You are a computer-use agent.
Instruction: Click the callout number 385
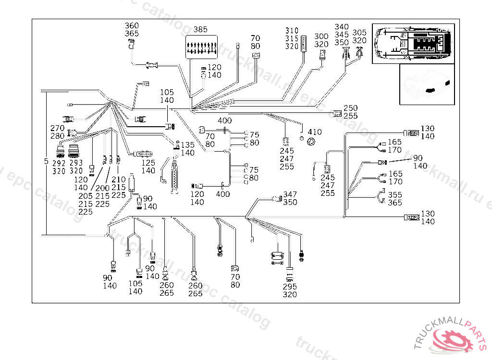coord(200,29)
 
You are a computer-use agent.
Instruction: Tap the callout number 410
coord(315,132)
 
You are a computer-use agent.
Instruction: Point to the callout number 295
coord(290,287)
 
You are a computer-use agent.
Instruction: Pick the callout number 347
coord(290,194)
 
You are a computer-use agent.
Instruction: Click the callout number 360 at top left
coord(132,26)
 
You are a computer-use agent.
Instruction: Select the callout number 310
coord(292,31)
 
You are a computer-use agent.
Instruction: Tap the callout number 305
coord(359,33)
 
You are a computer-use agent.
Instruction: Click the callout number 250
coord(351,108)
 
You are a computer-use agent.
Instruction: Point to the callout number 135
coord(188,145)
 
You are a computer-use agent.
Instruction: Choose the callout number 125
coord(148,163)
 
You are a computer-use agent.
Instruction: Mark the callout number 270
coord(58,128)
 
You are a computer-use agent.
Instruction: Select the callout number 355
coord(395,195)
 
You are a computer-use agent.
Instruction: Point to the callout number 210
coord(119,180)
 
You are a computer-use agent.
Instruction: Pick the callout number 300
coord(321,36)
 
